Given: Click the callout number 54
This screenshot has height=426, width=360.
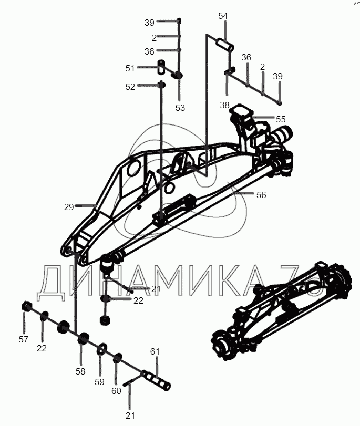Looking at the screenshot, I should pyautogui.click(x=223, y=16).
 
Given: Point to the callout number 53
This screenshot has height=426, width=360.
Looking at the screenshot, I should pyautogui.click(x=180, y=108).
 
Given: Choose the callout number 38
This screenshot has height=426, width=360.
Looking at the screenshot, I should pyautogui.click(x=225, y=105).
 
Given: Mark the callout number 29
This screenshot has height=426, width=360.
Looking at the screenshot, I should pyautogui.click(x=69, y=207).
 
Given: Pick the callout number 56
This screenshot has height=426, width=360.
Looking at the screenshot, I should pyautogui.click(x=261, y=195).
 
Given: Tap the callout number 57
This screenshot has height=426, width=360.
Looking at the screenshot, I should pyautogui.click(x=23, y=339).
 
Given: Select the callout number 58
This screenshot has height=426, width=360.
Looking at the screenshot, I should pyautogui.click(x=80, y=371).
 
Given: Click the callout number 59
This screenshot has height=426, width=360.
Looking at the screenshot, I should pyautogui.click(x=99, y=382).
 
